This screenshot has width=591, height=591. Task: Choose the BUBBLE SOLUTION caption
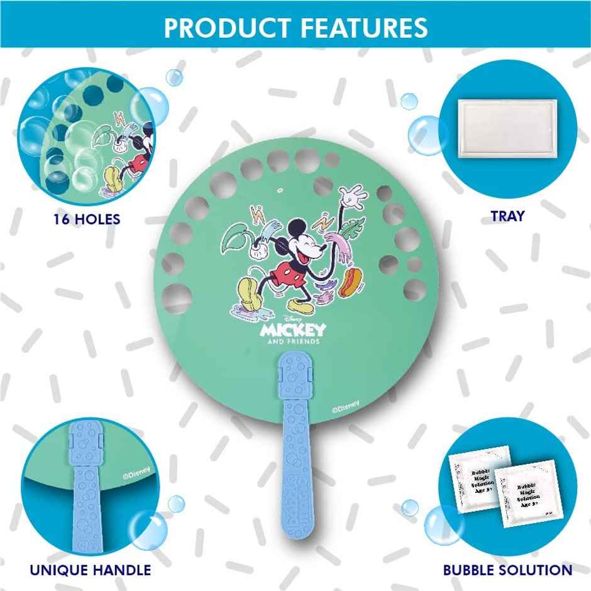(x=508, y=570)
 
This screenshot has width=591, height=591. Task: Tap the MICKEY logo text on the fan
(x=294, y=329)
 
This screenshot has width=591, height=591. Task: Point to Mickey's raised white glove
(x=353, y=197)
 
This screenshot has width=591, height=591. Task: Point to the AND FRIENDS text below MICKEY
(x=294, y=341)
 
